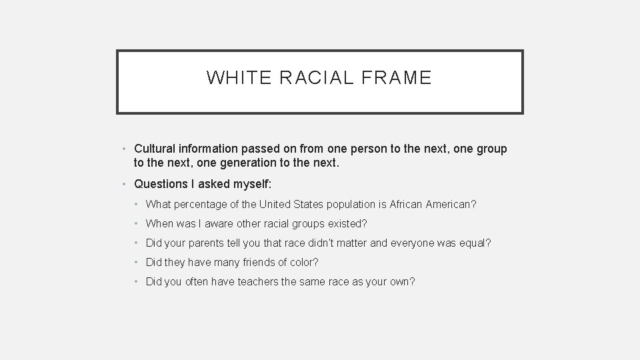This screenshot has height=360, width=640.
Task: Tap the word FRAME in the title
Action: (x=399, y=79)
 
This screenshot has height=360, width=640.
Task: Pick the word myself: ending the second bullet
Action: (x=247, y=183)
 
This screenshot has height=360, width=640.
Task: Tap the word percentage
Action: (x=201, y=205)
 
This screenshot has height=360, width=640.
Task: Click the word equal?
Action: (x=475, y=243)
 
